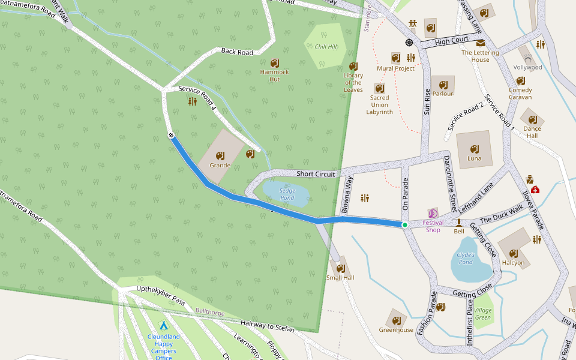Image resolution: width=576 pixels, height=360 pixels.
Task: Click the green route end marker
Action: [x=405, y=225]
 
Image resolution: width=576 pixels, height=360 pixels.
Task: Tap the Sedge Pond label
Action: [x=287, y=194]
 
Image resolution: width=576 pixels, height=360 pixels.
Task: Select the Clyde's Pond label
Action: [x=466, y=258]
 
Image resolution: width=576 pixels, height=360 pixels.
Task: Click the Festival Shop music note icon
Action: [x=433, y=213]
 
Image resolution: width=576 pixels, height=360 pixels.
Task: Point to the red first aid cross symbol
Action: [x=535, y=190]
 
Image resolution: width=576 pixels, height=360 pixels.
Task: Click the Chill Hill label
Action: [x=326, y=47]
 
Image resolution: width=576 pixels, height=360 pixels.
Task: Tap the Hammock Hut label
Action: [x=274, y=76]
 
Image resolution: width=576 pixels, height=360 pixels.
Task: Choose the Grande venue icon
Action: [x=220, y=155]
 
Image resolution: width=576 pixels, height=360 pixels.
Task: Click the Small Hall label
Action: [x=340, y=278]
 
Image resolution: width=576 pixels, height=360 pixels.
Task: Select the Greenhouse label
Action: [x=396, y=330]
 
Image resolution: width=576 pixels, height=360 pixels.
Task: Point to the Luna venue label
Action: [x=474, y=159]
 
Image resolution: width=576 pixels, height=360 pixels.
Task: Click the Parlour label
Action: [x=443, y=94]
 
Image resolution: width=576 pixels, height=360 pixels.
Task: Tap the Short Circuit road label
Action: [x=316, y=174]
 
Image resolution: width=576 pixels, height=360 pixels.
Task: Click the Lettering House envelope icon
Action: [x=481, y=43]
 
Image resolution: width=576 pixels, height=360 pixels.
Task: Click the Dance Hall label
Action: [x=532, y=132]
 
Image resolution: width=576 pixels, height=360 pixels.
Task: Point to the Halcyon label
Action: [x=513, y=263]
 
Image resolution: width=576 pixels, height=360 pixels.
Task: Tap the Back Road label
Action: [x=237, y=52]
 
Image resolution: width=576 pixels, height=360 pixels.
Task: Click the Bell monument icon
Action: [x=459, y=223]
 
